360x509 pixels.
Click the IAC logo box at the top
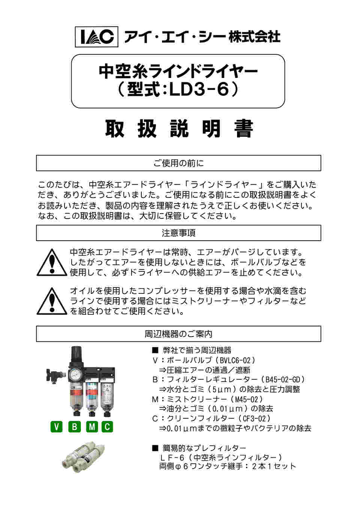(97, 36)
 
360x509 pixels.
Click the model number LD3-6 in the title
(199, 90)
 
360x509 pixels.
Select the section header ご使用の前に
(178, 163)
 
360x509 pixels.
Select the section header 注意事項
(178, 233)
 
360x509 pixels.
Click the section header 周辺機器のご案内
(178, 334)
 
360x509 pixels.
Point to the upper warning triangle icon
(52, 263)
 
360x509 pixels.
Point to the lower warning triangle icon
(52, 301)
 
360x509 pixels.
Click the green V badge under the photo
(56, 427)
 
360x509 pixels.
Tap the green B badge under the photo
(74, 427)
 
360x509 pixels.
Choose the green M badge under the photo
(92, 427)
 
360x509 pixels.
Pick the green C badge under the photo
(107, 427)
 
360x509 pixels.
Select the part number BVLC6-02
(235, 361)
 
